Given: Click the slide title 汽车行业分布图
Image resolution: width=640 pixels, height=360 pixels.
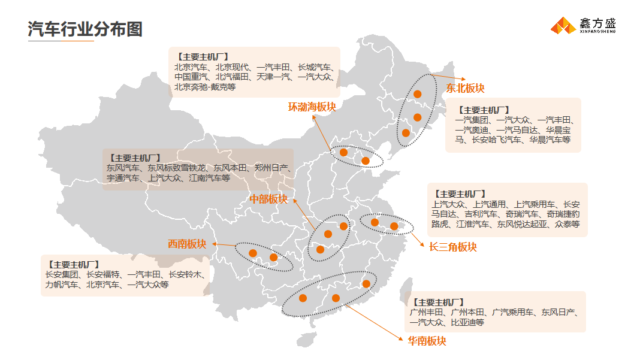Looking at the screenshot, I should [x=85, y=29].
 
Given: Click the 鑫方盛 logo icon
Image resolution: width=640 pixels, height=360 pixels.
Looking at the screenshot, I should [x=563, y=25].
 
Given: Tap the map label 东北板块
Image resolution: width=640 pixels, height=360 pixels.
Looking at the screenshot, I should [x=464, y=88].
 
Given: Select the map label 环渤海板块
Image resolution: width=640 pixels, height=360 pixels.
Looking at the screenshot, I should [x=312, y=107].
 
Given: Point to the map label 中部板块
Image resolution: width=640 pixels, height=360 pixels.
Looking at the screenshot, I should [x=268, y=199].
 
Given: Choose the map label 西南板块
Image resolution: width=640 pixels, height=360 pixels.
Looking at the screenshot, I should [x=187, y=244].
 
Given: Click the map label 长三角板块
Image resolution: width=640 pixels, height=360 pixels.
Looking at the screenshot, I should [x=452, y=247].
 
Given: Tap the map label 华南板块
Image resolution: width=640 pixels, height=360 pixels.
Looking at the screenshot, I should [x=427, y=341].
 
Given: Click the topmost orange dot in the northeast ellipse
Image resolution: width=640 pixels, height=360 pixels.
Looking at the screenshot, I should [x=418, y=94].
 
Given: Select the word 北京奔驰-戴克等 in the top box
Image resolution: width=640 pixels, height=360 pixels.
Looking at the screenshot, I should [x=205, y=87].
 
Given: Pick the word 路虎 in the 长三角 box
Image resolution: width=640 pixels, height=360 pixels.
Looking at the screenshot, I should [x=439, y=224].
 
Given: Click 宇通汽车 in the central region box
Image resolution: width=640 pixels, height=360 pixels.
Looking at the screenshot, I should [x=123, y=178].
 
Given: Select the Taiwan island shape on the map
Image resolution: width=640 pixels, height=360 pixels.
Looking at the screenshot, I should [x=409, y=286].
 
